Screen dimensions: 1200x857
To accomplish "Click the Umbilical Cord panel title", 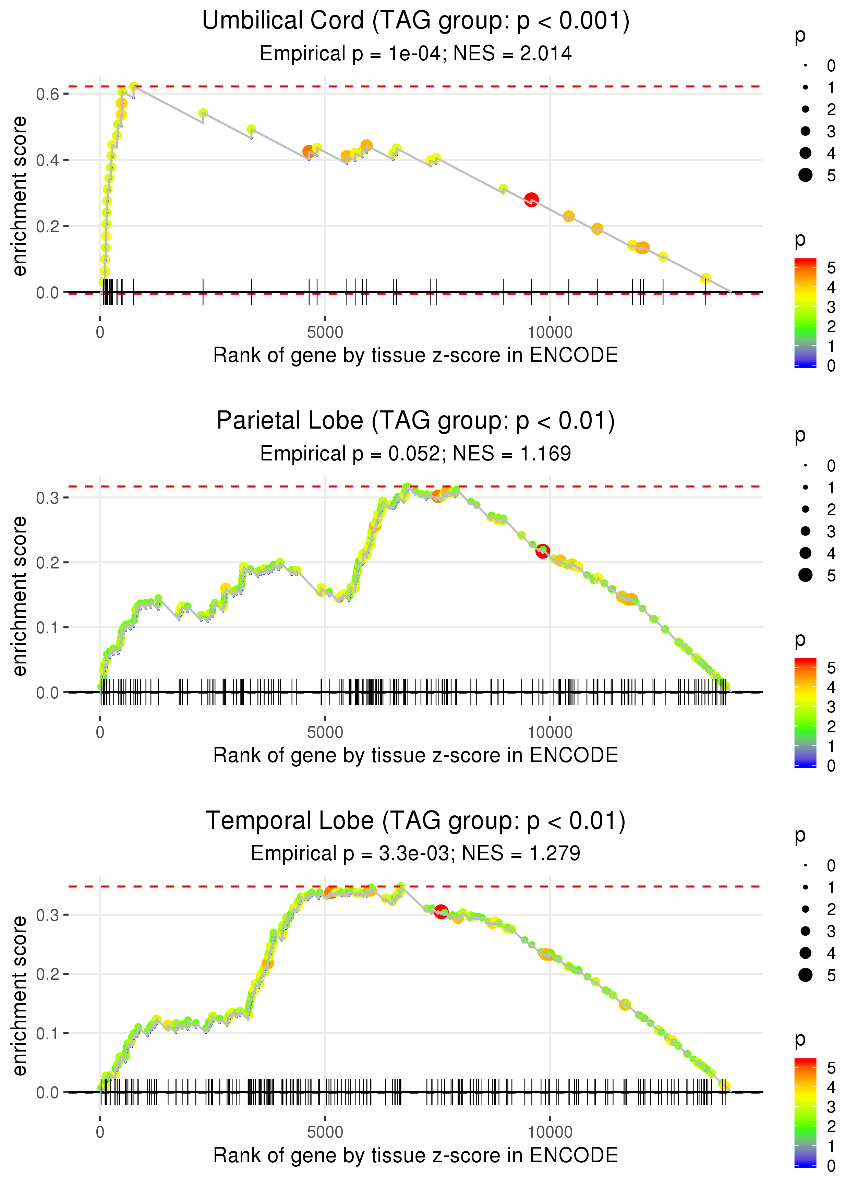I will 415,21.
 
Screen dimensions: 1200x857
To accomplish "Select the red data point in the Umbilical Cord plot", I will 531,200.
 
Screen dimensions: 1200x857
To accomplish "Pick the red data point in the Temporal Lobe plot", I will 441,911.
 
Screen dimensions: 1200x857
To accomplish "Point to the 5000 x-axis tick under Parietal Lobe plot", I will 325,732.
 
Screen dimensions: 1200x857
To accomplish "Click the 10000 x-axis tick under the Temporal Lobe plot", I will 550,1132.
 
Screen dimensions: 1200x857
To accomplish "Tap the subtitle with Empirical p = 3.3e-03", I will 415,853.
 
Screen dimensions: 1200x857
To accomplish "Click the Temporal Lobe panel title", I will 415,821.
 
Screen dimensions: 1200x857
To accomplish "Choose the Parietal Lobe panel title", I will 415,421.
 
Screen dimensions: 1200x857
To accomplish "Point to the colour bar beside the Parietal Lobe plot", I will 805,712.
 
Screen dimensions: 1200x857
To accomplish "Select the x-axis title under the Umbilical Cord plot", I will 415,355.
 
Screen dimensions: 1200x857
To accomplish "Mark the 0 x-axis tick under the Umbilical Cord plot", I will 100,333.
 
